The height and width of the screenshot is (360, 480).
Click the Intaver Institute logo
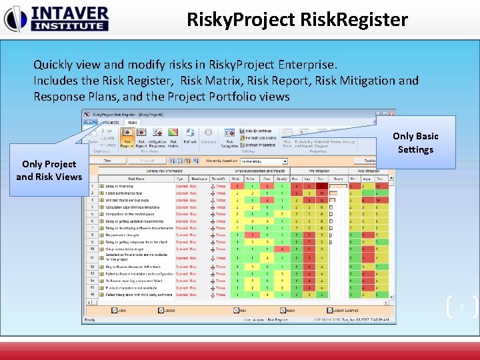56,19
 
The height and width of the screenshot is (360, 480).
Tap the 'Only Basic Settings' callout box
415,143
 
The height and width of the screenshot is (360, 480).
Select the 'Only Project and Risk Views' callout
49,170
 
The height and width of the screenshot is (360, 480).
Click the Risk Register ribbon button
125,142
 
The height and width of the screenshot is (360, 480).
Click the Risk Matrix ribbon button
173,142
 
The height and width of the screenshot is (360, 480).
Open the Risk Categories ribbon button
229,141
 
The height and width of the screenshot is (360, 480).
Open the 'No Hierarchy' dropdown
263,161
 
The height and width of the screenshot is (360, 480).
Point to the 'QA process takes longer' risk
125,248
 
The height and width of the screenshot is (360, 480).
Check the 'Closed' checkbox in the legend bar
161,310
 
